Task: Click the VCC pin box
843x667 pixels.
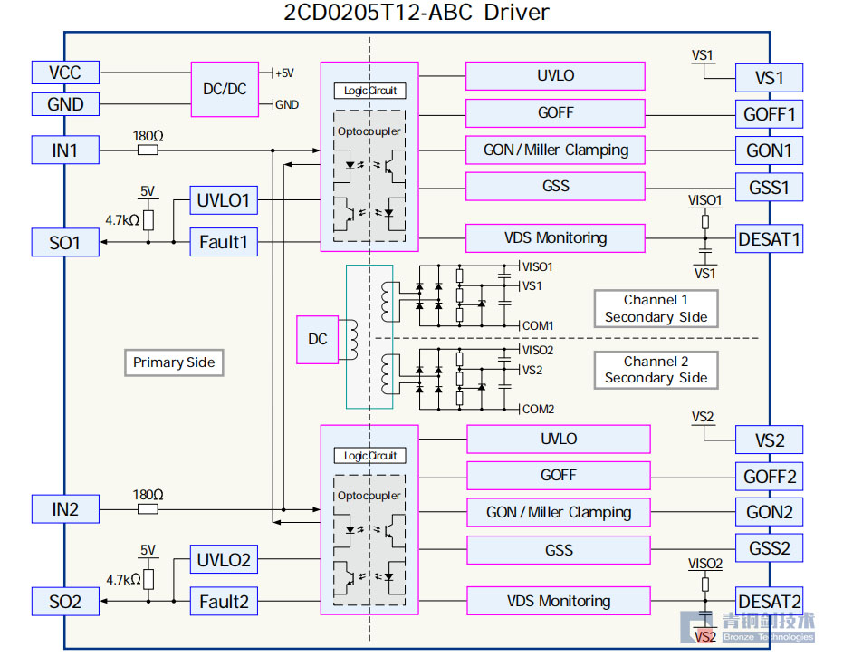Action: tap(65, 73)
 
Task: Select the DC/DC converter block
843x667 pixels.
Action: tap(225, 89)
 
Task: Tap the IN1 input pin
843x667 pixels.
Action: tap(65, 150)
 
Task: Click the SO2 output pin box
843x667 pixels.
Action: tap(65, 602)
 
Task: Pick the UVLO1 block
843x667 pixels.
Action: tap(224, 200)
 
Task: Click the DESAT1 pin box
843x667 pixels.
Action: tap(769, 239)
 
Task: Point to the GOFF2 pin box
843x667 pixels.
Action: tap(769, 477)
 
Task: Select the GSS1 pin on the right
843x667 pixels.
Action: tap(769, 188)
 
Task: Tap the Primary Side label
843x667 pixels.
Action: tap(174, 362)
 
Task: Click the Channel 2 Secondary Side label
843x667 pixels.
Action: tap(656, 370)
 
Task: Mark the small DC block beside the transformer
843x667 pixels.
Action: tap(318, 339)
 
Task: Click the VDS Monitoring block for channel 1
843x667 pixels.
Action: tap(555, 238)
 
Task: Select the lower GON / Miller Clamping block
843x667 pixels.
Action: tap(558, 512)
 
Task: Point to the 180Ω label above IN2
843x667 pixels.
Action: tap(148, 495)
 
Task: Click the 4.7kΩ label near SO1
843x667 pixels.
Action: tap(121, 220)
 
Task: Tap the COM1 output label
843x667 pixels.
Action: tap(538, 325)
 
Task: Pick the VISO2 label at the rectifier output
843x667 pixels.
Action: tap(538, 350)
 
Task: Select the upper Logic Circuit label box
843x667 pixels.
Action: tap(370, 91)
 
